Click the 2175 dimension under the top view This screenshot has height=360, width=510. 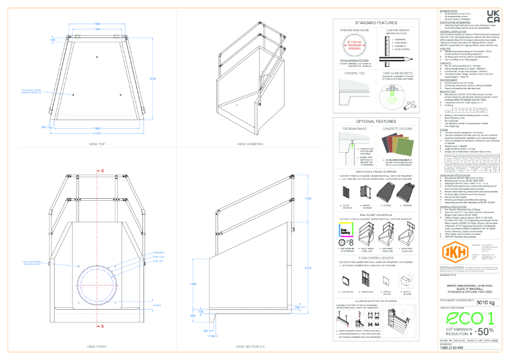point(97,134)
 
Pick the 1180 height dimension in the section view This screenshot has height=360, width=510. point(193,284)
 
